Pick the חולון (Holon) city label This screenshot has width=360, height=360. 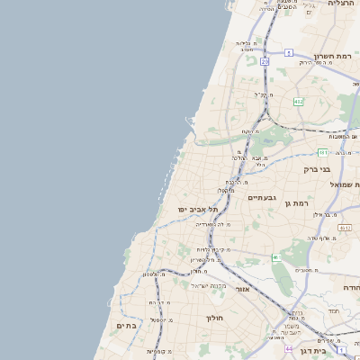(213, 318)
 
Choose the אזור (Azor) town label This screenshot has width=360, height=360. (241, 290)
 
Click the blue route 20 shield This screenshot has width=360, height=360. (265, 61)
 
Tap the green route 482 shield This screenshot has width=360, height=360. (297, 102)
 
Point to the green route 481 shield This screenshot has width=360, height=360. (322, 153)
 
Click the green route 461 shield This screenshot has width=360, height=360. (276, 259)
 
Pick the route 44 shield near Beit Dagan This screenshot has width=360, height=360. (289, 348)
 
